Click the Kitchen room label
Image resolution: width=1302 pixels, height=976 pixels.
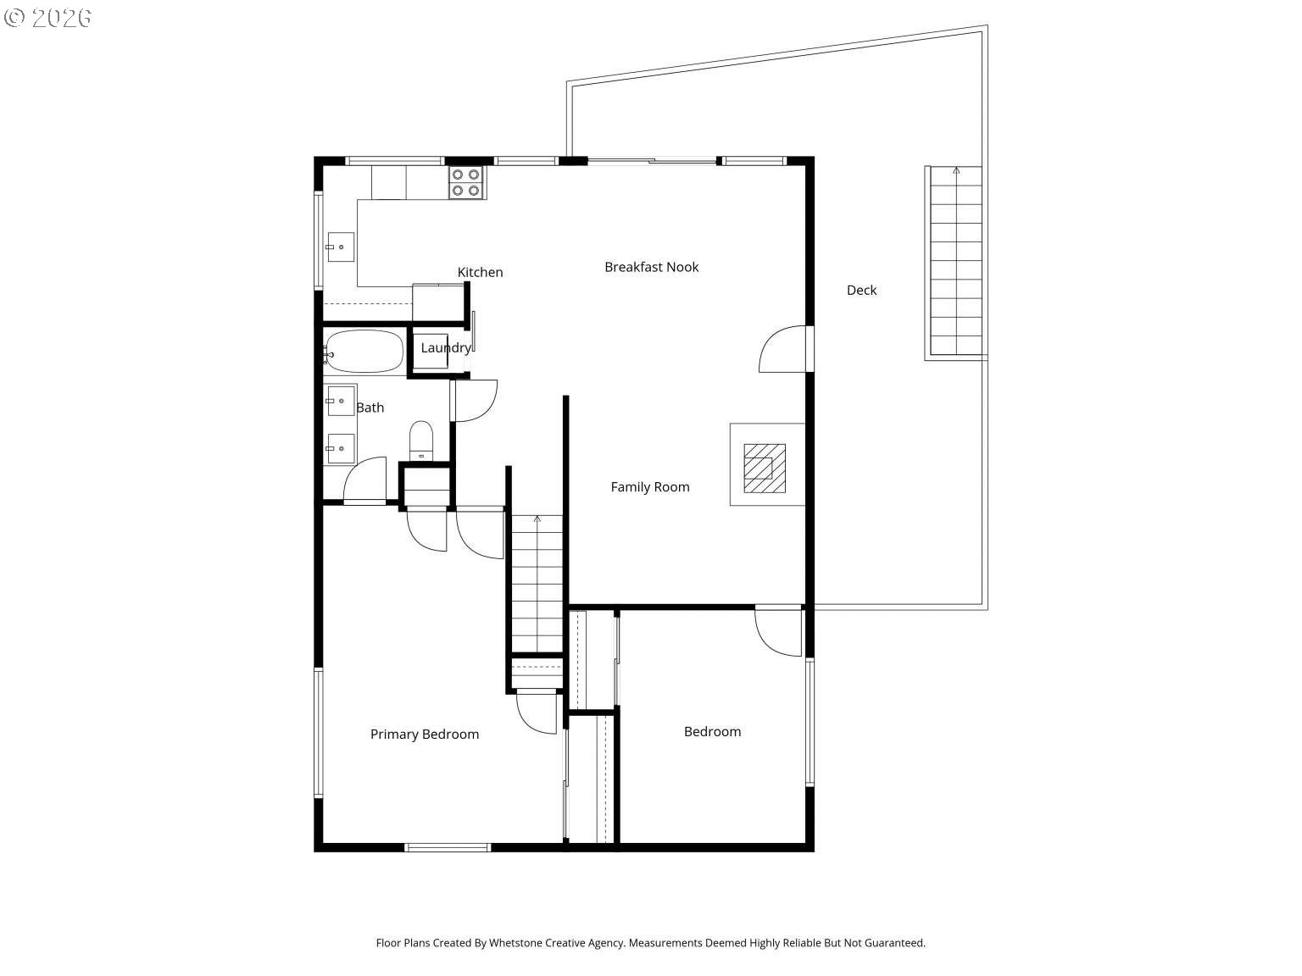tap(480, 272)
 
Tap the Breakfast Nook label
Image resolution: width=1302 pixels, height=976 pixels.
tap(651, 267)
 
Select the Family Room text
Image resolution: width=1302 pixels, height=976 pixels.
tap(649, 486)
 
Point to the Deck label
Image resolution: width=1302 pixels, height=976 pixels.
tap(861, 290)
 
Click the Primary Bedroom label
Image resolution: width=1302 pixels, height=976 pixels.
tap(424, 734)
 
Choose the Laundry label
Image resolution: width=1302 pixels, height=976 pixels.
tap(445, 347)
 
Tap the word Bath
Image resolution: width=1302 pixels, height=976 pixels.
tap(370, 408)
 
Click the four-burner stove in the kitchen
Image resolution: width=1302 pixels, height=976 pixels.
tap(466, 182)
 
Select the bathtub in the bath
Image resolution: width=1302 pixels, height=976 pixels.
tap(364, 352)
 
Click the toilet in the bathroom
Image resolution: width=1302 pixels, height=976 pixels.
tap(421, 440)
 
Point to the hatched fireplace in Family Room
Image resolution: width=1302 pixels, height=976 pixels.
tap(765, 468)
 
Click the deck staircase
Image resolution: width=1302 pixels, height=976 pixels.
tap(955, 261)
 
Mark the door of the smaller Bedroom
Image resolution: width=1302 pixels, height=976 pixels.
tap(778, 632)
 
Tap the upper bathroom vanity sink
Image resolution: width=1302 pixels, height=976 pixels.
tap(341, 400)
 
